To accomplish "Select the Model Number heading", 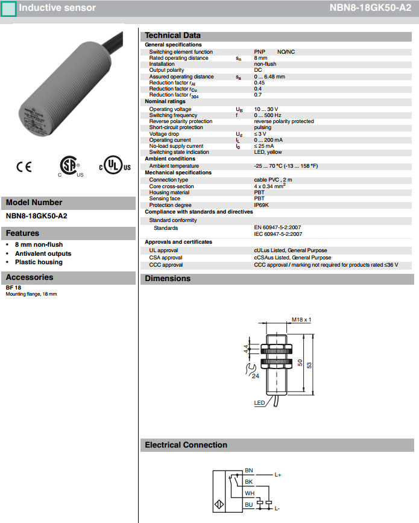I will [34, 203].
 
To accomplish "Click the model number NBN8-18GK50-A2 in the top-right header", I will [370, 8].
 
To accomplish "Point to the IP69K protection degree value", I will [262, 204].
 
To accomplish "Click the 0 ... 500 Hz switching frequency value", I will [268, 115].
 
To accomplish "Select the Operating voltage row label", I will [170, 109].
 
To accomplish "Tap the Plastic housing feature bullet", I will [39, 262].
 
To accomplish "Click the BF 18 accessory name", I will [13, 288].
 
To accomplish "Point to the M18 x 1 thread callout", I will [300, 320].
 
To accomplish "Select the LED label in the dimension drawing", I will [259, 403].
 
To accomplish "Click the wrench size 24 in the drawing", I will [255, 376].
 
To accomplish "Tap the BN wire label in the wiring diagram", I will [249, 470].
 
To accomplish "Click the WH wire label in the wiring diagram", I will [249, 493].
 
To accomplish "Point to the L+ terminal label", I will [278, 475].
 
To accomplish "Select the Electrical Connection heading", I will [186, 445].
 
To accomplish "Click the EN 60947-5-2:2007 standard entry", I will [278, 228].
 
